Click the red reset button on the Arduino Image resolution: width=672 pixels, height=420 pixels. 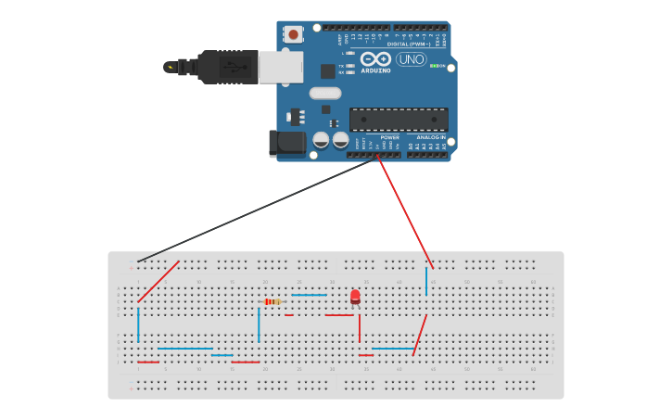(x=294, y=34)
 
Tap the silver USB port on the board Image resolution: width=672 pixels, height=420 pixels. (x=280, y=67)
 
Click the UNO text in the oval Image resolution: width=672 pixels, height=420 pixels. (x=411, y=59)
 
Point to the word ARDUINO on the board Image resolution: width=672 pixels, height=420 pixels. (x=375, y=70)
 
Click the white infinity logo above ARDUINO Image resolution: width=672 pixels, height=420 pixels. (x=375, y=58)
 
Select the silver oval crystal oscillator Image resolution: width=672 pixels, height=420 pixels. (x=325, y=93)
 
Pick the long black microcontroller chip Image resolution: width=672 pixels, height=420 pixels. (x=399, y=119)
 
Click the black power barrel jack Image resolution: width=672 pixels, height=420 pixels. (x=288, y=142)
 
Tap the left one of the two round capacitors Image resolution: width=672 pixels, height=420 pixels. (x=321, y=140)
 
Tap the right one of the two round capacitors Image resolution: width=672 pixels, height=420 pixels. (x=340, y=140)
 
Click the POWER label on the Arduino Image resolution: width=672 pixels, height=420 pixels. (x=389, y=137)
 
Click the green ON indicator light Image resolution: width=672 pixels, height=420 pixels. (x=432, y=66)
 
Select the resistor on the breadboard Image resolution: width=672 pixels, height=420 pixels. (x=272, y=301)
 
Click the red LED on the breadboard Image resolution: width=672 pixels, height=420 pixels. (x=355, y=296)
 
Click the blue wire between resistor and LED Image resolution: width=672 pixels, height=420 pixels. (x=309, y=295)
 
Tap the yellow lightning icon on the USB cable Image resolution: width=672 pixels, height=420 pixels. (x=170, y=67)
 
